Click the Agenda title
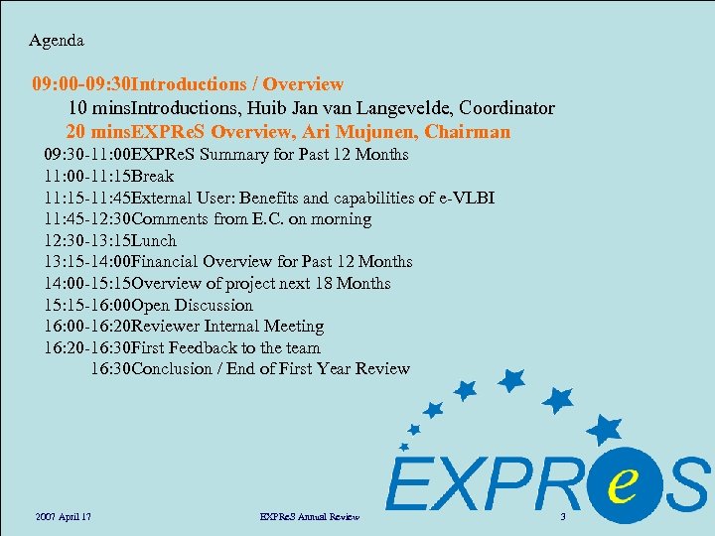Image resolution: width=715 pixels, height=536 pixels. pyautogui.click(x=57, y=41)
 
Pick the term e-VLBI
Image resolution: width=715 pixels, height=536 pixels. pyautogui.click(x=462, y=198)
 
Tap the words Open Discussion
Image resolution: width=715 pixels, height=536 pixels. pyautogui.click(x=193, y=305)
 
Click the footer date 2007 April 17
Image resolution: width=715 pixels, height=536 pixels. pyautogui.click(x=63, y=517)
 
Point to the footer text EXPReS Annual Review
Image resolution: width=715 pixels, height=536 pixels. pyautogui.click(x=309, y=517)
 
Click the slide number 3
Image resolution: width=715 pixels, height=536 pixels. pyautogui.click(x=562, y=517)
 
